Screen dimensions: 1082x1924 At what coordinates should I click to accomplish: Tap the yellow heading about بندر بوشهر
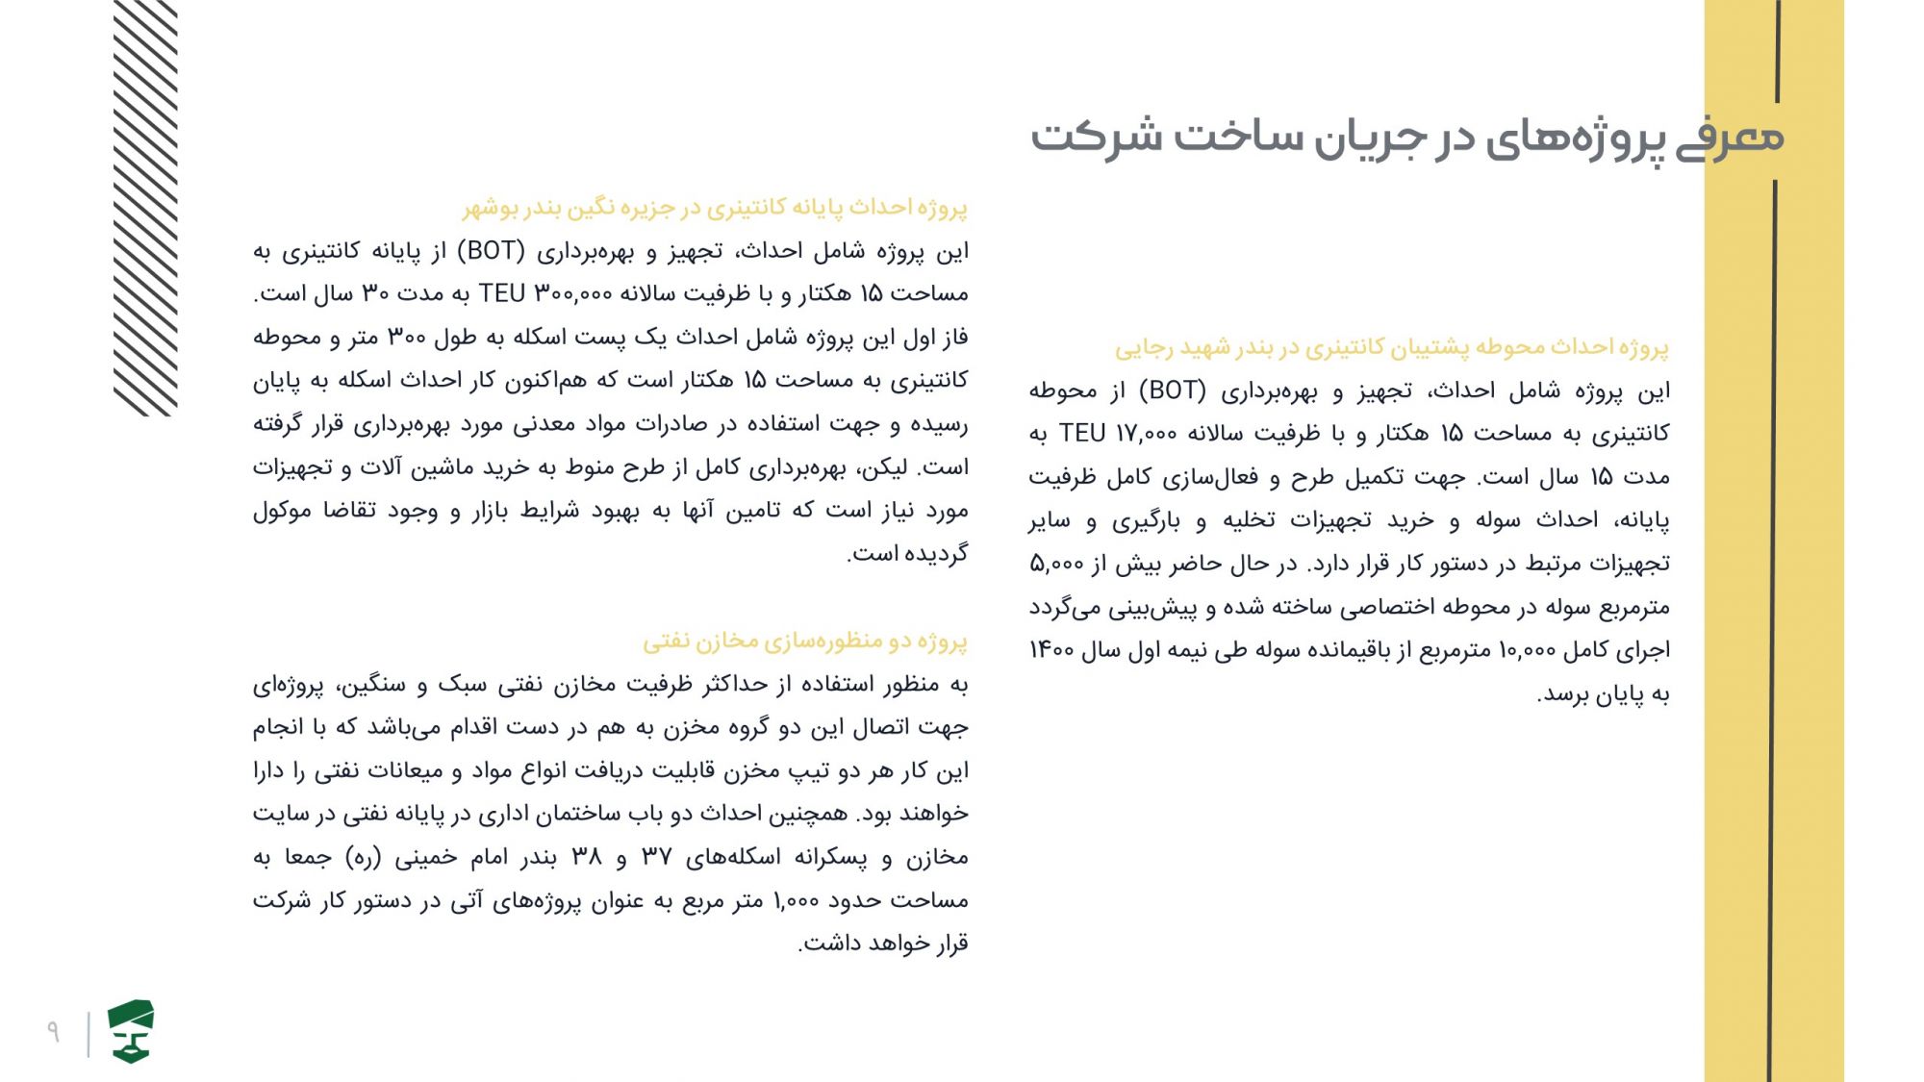pyautogui.click(x=715, y=208)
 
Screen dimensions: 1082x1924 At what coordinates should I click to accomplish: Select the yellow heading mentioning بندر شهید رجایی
pyautogui.click(x=1392, y=347)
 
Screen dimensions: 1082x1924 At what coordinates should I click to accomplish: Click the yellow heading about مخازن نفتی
pyautogui.click(x=805, y=641)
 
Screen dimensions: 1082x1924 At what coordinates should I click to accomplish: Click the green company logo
pyautogui.click(x=131, y=1031)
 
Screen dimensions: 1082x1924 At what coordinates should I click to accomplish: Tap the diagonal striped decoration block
pyautogui.click(x=145, y=207)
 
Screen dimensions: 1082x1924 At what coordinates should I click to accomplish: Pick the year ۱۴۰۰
pyautogui.click(x=1051, y=651)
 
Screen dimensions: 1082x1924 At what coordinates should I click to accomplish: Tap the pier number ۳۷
pyautogui.click(x=656, y=857)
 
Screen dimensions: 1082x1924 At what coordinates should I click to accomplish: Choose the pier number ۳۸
pyautogui.click(x=587, y=857)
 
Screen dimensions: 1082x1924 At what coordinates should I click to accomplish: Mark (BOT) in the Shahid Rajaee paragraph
pyautogui.click(x=1173, y=390)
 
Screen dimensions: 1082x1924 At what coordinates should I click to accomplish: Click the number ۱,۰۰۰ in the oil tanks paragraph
pyautogui.click(x=796, y=900)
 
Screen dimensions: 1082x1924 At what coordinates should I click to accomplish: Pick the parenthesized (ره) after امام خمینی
pyautogui.click(x=364, y=857)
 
